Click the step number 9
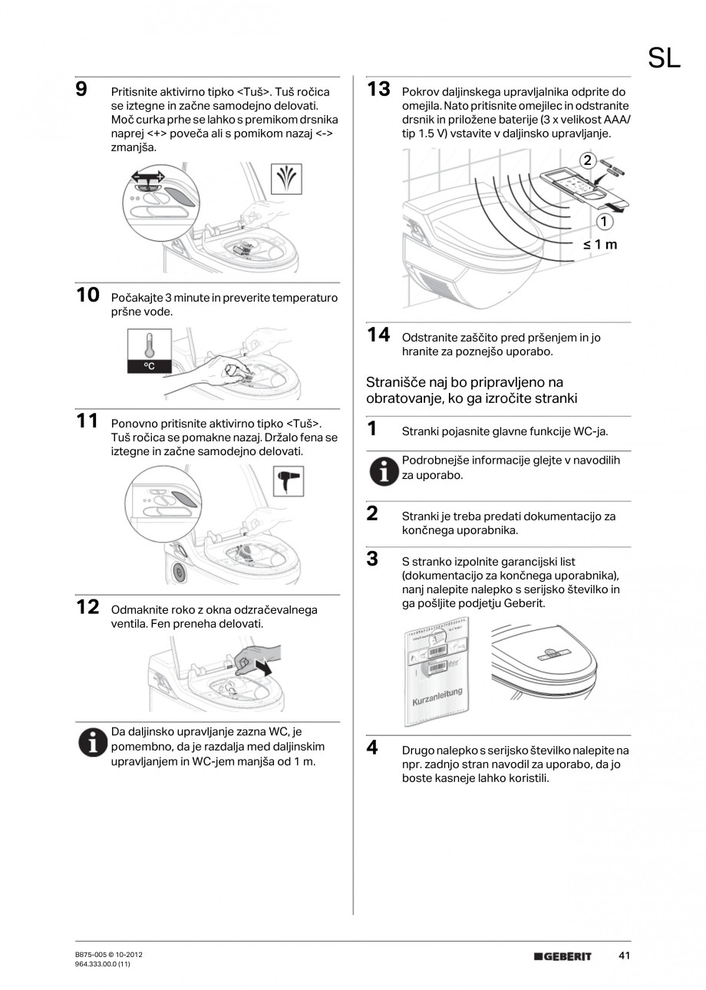81,89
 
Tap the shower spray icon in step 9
287,180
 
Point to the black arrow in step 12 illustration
263,668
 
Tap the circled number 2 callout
587,160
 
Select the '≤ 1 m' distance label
599,245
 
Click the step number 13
378,89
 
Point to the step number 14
378,335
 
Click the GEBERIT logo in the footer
563,956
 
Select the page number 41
624,955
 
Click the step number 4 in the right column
372,747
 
